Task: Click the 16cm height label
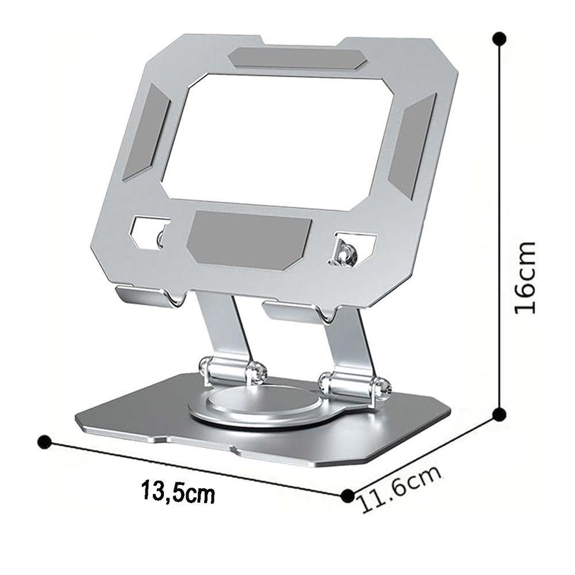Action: click(x=525, y=277)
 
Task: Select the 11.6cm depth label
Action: click(x=399, y=489)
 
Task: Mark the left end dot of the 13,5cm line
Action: click(x=45, y=442)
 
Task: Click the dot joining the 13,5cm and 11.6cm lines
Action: click(x=347, y=496)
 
